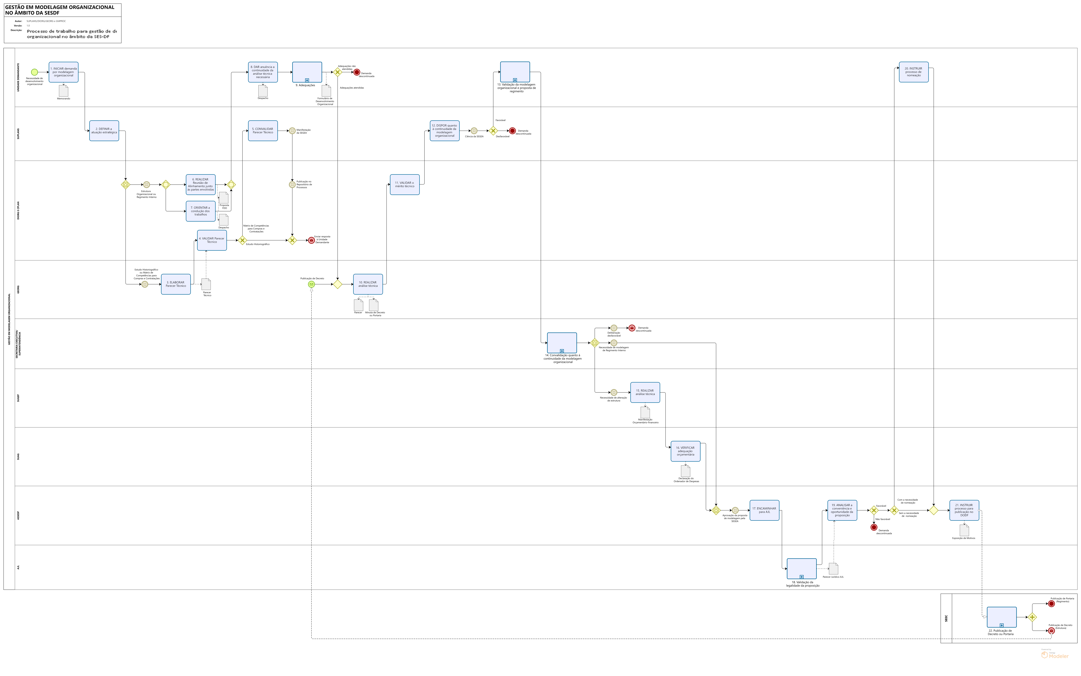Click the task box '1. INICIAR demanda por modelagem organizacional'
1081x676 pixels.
[x=63, y=72]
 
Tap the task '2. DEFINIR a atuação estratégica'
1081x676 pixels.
[x=104, y=131]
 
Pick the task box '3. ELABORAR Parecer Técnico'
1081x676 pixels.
[x=176, y=284]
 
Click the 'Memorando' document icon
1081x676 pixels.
[x=63, y=91]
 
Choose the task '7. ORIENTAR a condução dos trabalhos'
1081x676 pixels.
[x=200, y=211]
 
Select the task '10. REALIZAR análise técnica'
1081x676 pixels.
[x=368, y=284]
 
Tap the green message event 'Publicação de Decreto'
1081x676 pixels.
[x=311, y=284]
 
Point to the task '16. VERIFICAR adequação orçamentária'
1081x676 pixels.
[x=685, y=451]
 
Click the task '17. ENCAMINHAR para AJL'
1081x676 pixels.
[x=764, y=510]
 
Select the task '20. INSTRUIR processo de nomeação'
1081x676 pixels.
[x=913, y=72]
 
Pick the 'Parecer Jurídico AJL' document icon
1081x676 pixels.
[x=833, y=569]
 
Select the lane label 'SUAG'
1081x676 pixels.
[x=18, y=456]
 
